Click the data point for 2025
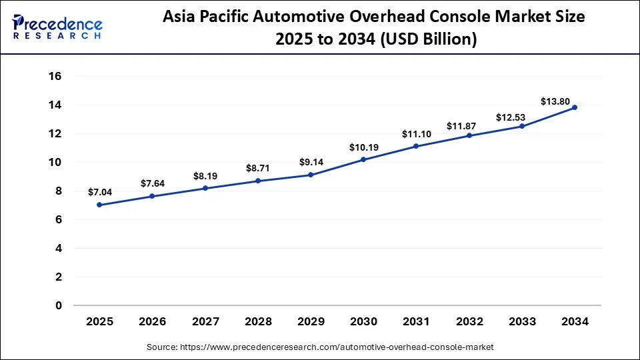pyautogui.click(x=99, y=205)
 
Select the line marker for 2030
pyautogui.click(x=363, y=159)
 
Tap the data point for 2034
pyautogui.click(x=575, y=107)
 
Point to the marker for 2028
pyautogui.click(x=258, y=181)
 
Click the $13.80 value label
pyautogui.click(x=555, y=101)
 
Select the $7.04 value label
pyautogui.click(x=99, y=192)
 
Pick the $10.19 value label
pyautogui.click(x=363, y=147)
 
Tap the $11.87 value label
pyautogui.click(x=469, y=126)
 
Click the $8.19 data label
pyautogui.click(x=205, y=177)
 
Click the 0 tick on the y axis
pyautogui.click(x=58, y=305)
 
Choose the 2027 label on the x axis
pyautogui.click(x=205, y=322)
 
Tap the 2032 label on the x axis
pyautogui.click(x=469, y=322)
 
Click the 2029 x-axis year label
pyautogui.click(x=311, y=322)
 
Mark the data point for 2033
pyautogui.click(x=522, y=126)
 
